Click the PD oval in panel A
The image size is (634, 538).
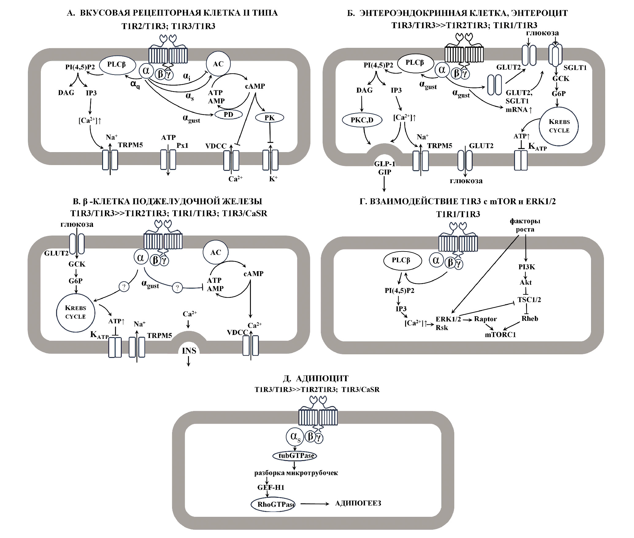(229, 114)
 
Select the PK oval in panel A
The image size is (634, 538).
(270, 117)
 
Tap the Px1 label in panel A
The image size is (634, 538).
(183, 145)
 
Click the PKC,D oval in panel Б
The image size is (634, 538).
(362, 120)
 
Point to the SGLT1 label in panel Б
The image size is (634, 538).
(575, 68)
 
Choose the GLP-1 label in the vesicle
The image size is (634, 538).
(385, 164)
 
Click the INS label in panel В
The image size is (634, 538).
(189, 351)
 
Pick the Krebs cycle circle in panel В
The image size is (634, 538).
(75, 313)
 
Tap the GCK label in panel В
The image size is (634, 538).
(77, 264)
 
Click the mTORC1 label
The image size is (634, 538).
(500, 335)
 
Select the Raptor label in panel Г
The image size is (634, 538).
(485, 319)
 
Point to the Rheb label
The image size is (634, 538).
(530, 319)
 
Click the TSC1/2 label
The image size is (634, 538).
(529, 300)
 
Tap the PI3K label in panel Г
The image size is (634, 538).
(527, 267)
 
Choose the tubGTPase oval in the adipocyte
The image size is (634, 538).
(294, 455)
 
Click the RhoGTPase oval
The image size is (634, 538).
(273, 504)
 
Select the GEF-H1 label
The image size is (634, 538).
(271, 487)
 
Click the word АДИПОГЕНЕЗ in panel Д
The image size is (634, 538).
(358, 503)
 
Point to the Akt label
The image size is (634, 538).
(526, 282)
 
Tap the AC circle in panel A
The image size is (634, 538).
(218, 64)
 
